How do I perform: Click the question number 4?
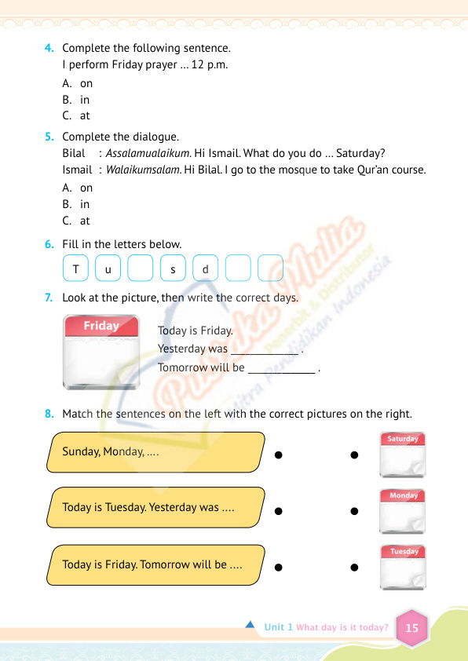[49, 48]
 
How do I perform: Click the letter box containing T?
[75, 268]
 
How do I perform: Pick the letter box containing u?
[108, 268]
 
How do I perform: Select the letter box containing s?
[173, 268]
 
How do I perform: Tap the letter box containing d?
[205, 268]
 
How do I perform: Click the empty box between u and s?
[141, 268]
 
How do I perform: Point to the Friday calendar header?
[101, 326]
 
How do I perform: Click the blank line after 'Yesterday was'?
[265, 354]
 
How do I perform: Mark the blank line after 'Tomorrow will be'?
[282, 373]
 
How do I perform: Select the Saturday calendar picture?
[403, 455]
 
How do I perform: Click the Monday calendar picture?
[402, 511]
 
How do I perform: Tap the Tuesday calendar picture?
[403, 567]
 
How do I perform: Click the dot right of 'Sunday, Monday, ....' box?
[278, 455]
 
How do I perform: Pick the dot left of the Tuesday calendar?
[354, 568]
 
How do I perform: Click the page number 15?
[412, 628]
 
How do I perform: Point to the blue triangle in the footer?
[250, 624]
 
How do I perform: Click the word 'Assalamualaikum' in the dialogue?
[148, 153]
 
